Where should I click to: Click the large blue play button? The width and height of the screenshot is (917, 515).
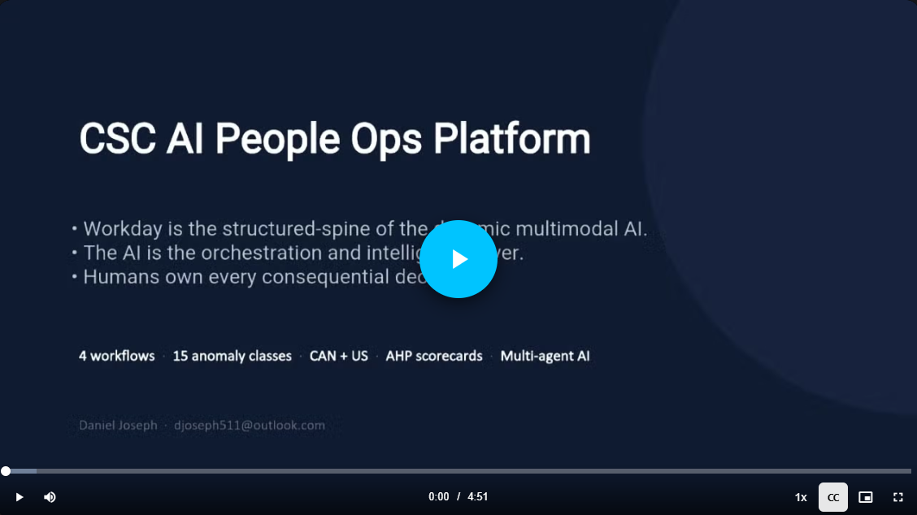tap(458, 259)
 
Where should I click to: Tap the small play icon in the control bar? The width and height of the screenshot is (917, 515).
tap(19, 497)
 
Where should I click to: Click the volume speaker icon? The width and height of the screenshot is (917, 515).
tap(50, 497)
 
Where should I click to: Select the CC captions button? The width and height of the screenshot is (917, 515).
tap(833, 497)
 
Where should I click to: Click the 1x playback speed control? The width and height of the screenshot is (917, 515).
tap(801, 497)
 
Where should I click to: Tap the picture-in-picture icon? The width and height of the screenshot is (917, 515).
tap(866, 497)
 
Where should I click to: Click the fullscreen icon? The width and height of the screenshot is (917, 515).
tap(898, 497)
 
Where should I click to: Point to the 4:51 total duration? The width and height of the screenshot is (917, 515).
tap(478, 497)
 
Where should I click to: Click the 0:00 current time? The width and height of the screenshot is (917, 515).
tap(439, 497)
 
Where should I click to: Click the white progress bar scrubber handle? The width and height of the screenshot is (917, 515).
tap(6, 471)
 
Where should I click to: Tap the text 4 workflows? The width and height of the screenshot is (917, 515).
tap(116, 356)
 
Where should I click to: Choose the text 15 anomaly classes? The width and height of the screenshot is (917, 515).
tap(232, 356)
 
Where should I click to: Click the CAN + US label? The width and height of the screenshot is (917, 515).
tap(339, 356)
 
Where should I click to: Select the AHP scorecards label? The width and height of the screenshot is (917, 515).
tap(434, 356)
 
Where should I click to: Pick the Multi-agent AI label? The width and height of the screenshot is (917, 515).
tap(545, 356)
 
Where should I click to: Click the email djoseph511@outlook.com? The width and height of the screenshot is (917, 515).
tap(250, 425)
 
